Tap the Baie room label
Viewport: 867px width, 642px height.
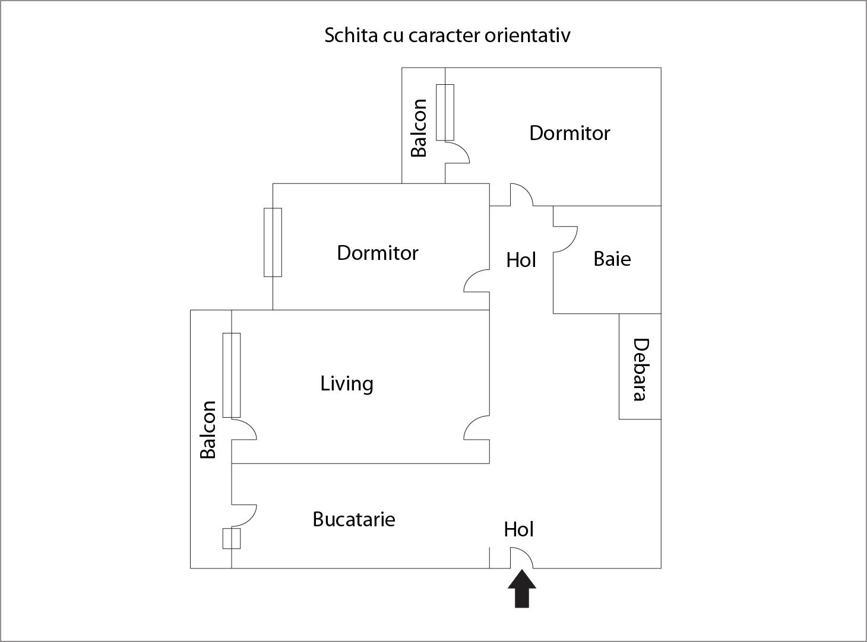click(612, 259)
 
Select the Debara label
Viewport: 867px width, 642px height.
click(640, 369)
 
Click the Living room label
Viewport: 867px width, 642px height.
click(347, 383)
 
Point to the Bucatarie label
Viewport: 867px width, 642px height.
click(354, 519)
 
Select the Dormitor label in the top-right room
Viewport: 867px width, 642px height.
click(569, 133)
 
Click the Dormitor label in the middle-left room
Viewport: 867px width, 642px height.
click(378, 253)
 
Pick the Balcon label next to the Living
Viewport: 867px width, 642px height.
click(208, 430)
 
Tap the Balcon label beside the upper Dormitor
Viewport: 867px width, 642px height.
click(419, 128)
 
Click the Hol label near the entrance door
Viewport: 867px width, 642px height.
click(518, 529)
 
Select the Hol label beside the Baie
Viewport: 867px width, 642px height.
click(521, 260)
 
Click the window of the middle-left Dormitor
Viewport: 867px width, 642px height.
click(273, 242)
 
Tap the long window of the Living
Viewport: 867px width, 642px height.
click(232, 375)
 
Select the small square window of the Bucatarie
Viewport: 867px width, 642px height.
click(232, 538)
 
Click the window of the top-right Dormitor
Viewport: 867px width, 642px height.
click(445, 112)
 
